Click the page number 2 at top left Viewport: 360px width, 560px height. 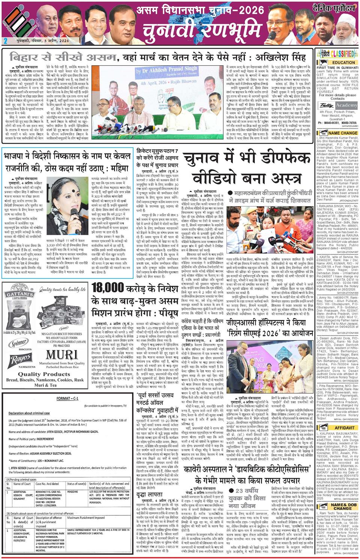pyautogui.click(x=5, y=41)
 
